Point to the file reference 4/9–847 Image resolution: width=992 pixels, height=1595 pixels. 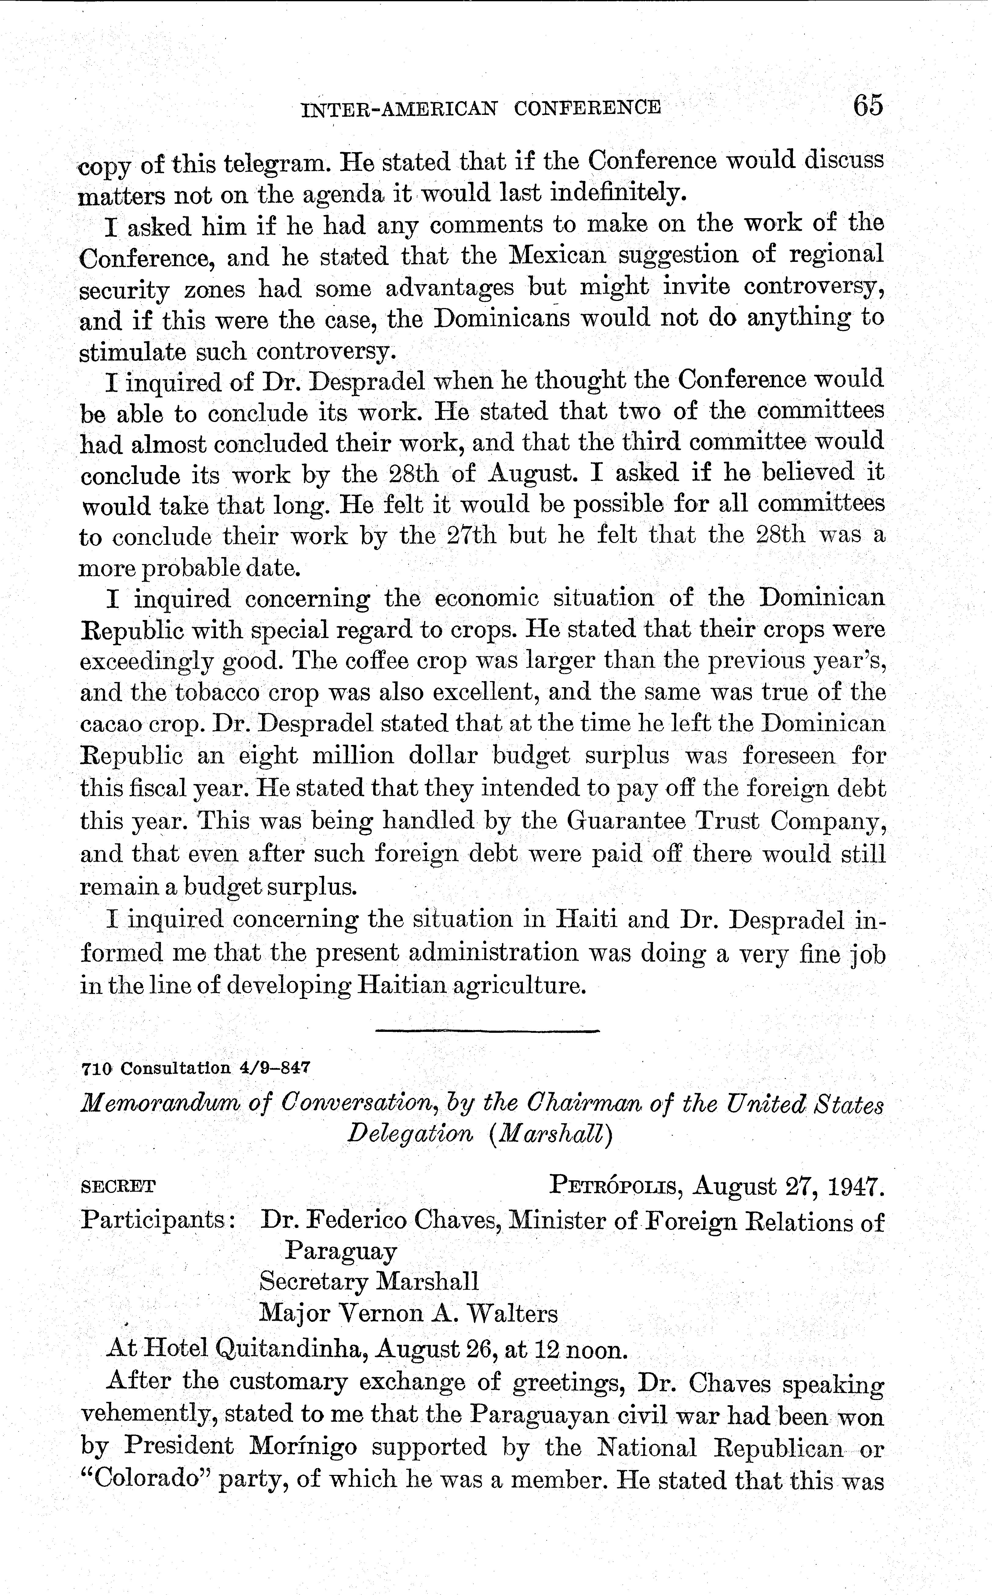click(x=275, y=1067)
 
